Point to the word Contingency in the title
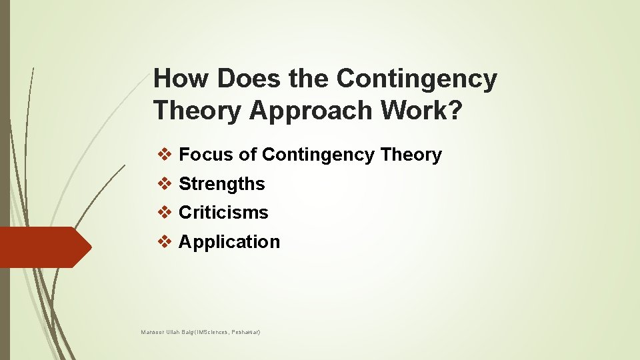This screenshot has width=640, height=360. (417, 79)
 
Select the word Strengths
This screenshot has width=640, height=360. (222, 184)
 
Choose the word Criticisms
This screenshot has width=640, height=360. (223, 213)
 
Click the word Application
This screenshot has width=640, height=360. (229, 242)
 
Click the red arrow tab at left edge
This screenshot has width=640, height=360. (43, 247)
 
